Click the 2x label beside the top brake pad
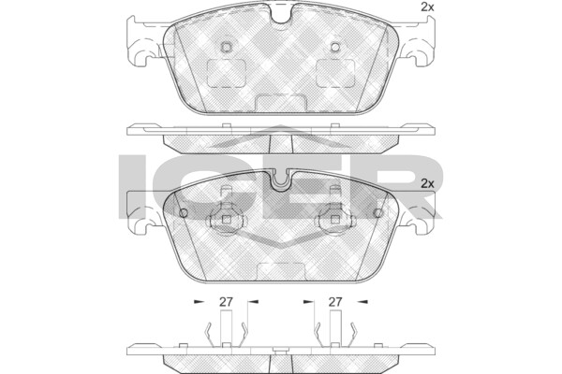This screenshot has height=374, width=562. pos(427,7)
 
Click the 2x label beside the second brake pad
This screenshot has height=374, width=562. pos(427,184)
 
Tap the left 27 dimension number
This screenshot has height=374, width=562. pos(226,302)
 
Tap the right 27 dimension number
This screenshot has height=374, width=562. pos(335,302)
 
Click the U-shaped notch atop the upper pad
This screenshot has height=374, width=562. pos(281,15)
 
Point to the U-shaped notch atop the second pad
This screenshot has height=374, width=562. pos(281,180)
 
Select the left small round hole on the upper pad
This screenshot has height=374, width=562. pos(226,47)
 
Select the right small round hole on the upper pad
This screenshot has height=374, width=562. pos(335,47)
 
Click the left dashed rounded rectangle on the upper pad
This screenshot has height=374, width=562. pos(227,73)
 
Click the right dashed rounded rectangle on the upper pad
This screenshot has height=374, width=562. pos(335,73)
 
